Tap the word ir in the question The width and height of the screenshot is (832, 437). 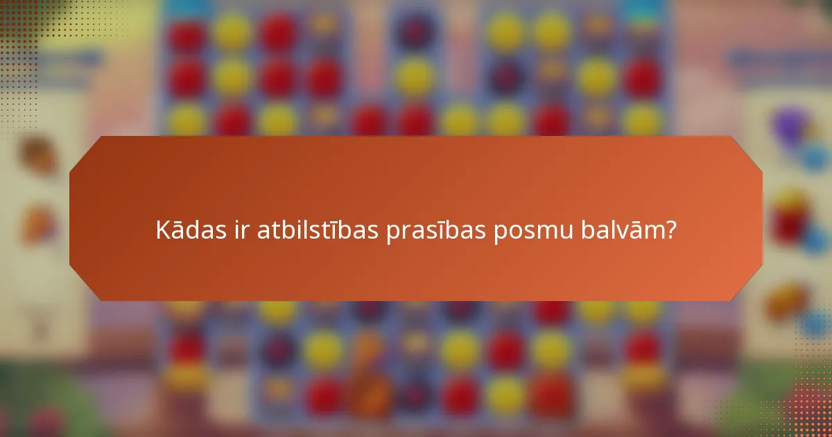(x=239, y=230)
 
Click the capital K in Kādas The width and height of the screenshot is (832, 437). (x=163, y=230)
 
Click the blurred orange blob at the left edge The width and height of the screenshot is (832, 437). (x=38, y=225)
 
